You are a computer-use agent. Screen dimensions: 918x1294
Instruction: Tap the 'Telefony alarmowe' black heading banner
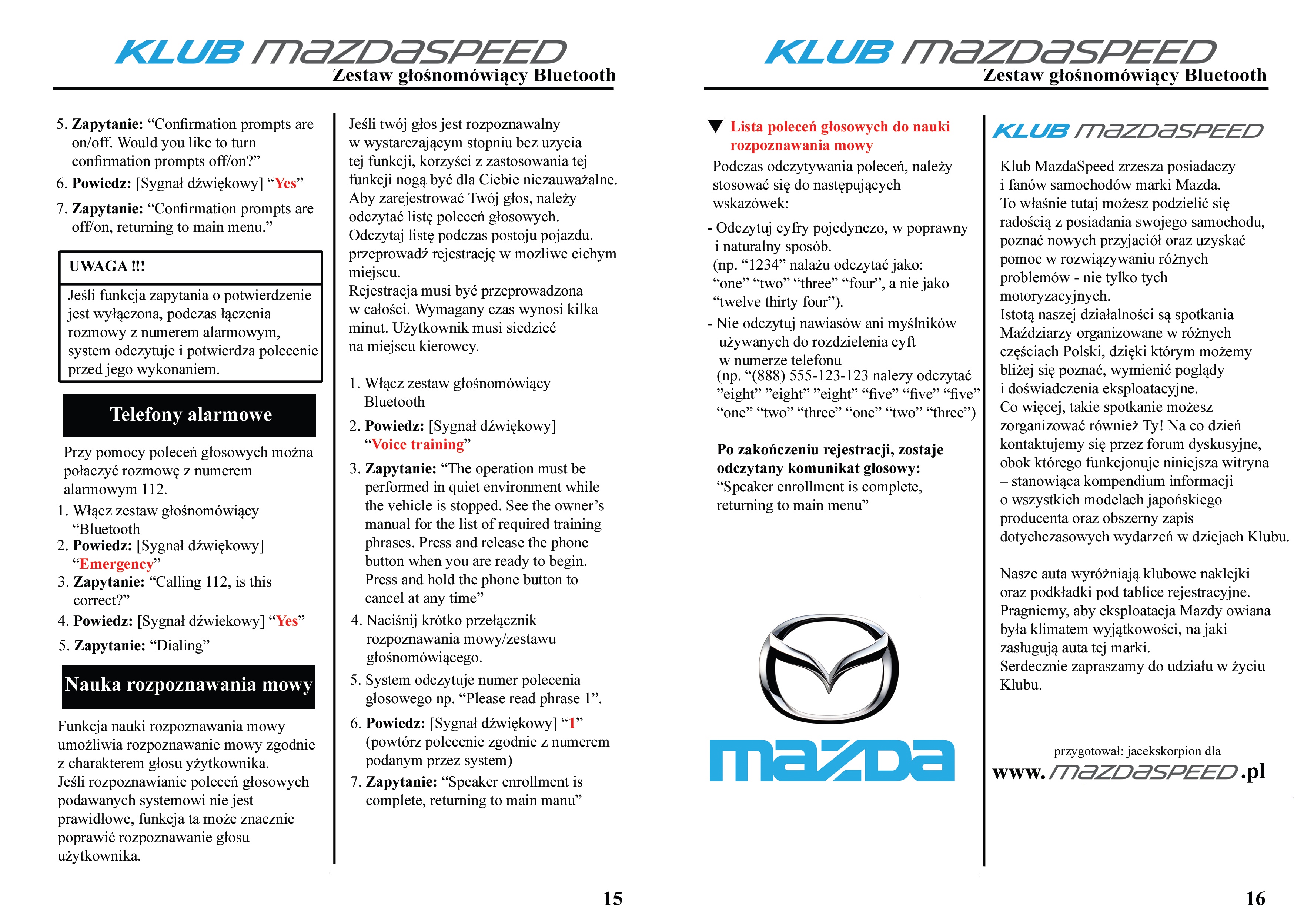[190, 415]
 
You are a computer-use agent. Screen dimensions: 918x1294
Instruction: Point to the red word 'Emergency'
[116, 564]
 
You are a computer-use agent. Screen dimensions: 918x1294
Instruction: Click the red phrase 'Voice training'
[418, 445]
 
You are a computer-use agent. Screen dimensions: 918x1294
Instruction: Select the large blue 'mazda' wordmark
[832, 760]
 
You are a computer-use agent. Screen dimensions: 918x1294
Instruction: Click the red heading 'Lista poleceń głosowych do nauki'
[840, 127]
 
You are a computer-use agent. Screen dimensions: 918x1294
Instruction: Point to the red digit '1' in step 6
[572, 724]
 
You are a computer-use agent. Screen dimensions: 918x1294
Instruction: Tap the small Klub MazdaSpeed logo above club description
[1127, 131]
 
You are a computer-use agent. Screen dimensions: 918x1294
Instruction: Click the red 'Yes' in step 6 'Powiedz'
[285, 184]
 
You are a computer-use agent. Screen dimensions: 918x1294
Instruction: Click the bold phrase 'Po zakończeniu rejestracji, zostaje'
[829, 450]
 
